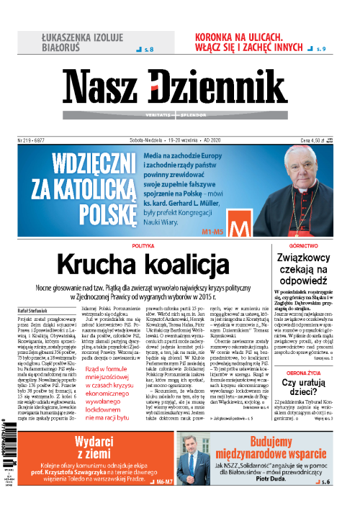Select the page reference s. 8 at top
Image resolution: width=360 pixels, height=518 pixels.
pos(145,49)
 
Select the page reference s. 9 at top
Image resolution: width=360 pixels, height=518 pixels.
pos(322,49)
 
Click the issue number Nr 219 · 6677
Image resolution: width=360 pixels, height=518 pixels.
pos(35,124)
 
